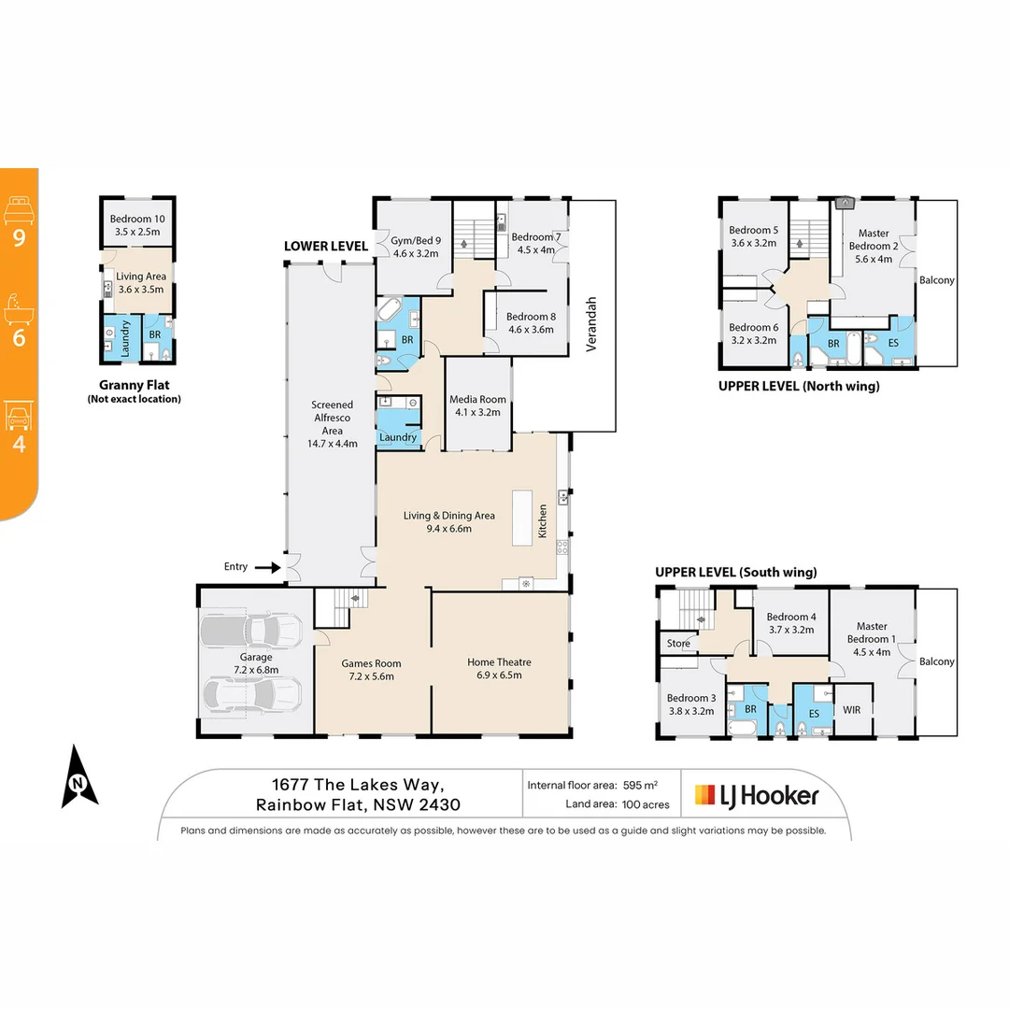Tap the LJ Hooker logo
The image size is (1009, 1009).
757,795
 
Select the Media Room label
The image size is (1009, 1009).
477,405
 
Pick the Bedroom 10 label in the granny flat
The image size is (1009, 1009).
137,224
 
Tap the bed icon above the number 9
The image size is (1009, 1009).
19,207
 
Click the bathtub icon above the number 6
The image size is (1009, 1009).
19,306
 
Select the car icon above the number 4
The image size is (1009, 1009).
19,414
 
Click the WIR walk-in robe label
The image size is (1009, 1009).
851,710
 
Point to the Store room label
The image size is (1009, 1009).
678,643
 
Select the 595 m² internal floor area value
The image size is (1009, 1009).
641,786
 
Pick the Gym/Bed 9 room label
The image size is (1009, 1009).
416,246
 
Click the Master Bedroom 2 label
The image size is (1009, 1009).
873,246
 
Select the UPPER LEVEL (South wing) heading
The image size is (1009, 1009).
736,572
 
